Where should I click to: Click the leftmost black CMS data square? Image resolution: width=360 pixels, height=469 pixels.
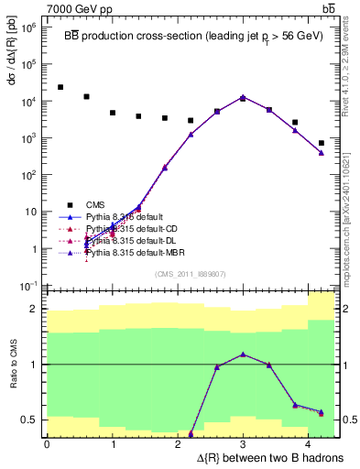tap(60, 87)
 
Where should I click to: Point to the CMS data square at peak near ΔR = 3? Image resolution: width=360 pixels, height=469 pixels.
tap(243, 98)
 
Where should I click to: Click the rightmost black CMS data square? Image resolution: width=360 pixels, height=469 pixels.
tap(322, 143)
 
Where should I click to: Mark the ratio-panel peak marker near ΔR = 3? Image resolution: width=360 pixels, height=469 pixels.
tap(243, 354)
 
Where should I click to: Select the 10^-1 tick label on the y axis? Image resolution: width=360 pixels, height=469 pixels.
tap(27, 286)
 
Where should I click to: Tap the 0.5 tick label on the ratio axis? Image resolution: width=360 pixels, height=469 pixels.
tap(30, 420)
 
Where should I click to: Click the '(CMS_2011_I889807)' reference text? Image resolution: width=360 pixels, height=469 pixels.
tap(191, 273)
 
